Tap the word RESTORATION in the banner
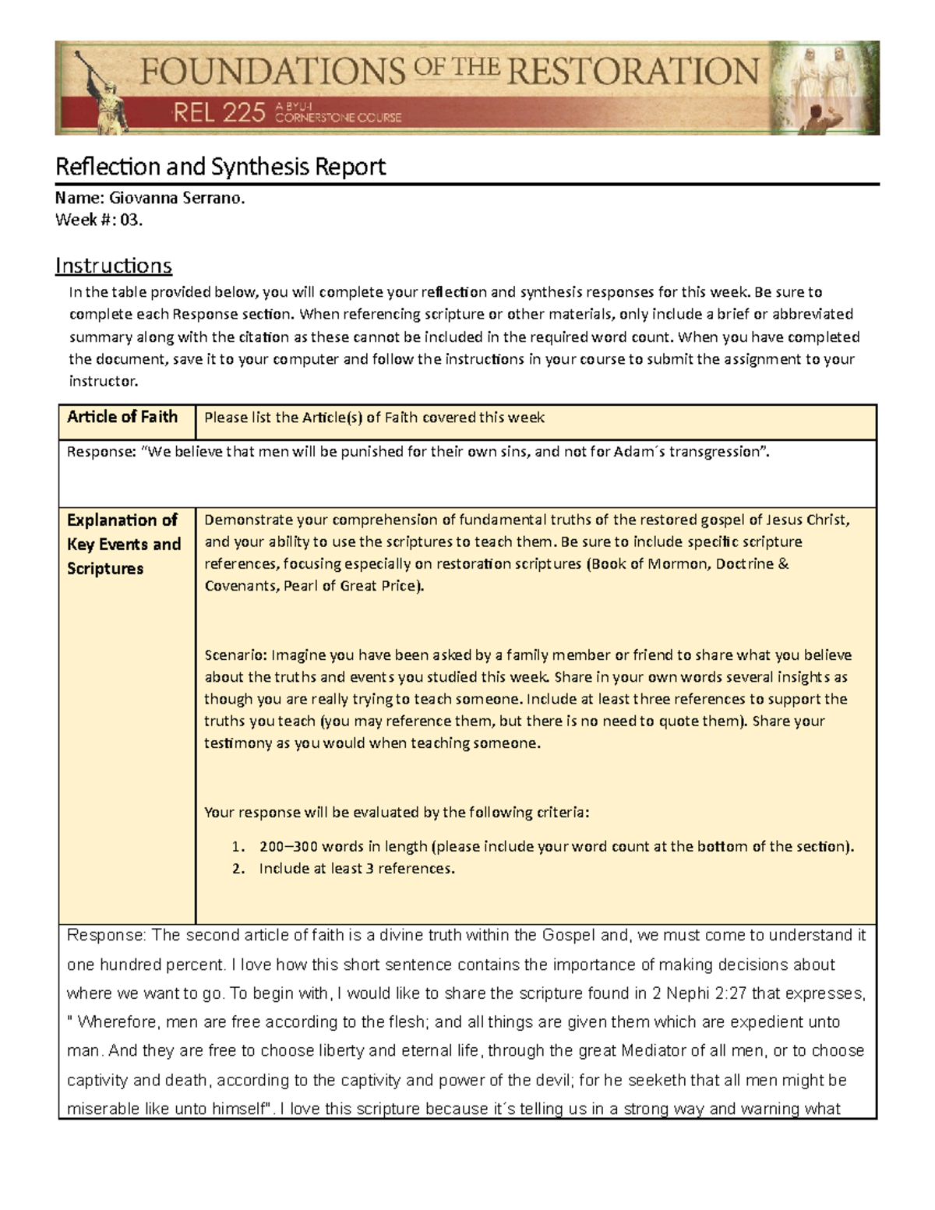tap(632, 72)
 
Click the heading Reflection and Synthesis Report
tap(221, 167)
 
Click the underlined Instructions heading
tap(113, 266)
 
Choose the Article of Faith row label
tap(122, 417)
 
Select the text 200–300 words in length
tap(344, 847)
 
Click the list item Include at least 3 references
tap(356, 869)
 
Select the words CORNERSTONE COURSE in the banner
tap(338, 118)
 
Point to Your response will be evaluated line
tap(397, 813)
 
